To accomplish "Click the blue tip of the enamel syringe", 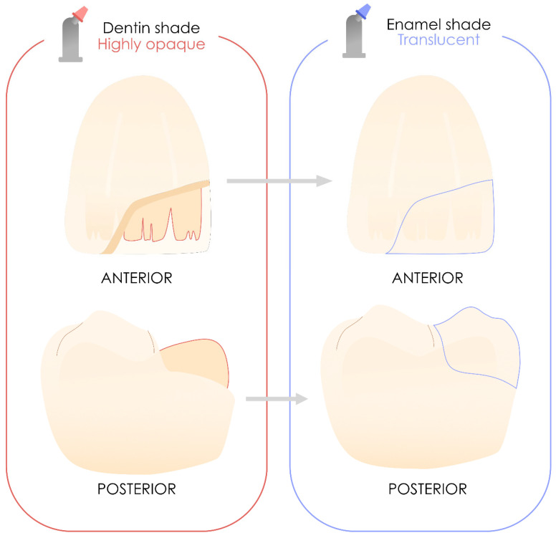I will point(364,10).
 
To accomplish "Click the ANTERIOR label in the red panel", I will point(136,277).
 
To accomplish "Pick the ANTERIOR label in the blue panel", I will point(428,277).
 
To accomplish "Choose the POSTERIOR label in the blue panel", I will point(427,490).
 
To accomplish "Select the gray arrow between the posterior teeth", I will point(276,397).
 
